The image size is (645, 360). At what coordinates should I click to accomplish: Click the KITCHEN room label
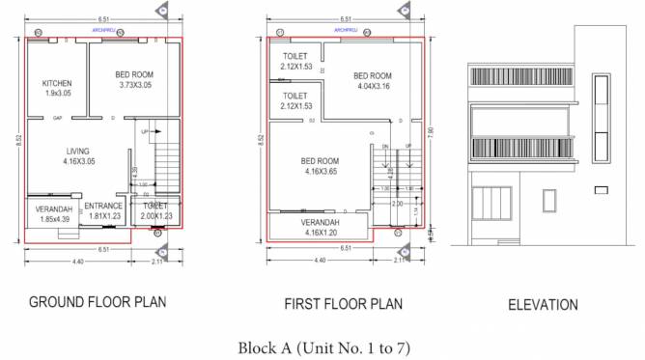(57, 89)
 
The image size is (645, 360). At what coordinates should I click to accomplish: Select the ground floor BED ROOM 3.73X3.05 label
(134, 80)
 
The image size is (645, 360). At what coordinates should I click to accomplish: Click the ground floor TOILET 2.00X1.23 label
(154, 211)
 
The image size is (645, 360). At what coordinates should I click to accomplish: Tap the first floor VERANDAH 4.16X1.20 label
(321, 227)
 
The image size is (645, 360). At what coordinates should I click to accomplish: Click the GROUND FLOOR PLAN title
(98, 301)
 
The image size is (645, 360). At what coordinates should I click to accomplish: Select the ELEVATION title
(543, 304)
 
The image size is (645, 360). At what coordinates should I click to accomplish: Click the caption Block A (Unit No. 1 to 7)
(322, 346)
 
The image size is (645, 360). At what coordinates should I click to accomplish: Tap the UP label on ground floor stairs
(145, 131)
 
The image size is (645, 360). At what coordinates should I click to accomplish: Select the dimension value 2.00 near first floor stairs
(396, 205)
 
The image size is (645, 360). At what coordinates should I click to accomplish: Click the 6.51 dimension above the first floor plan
(345, 18)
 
